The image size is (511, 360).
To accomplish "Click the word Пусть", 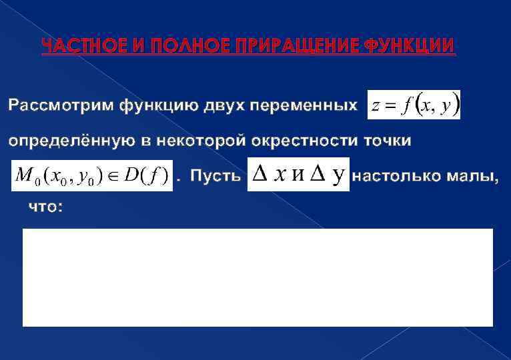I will pyautogui.click(x=215, y=176).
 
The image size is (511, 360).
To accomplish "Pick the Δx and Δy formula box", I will pyautogui.click(x=298, y=175).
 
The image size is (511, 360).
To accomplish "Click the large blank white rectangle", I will pyautogui.click(x=258, y=277).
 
